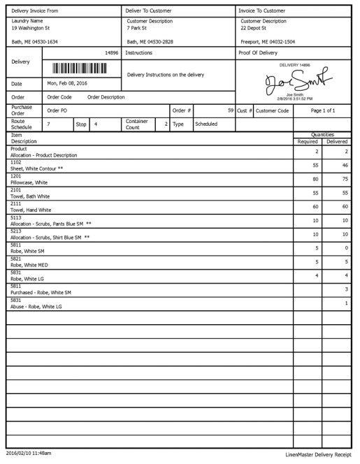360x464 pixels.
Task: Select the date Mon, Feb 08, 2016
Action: tap(67, 83)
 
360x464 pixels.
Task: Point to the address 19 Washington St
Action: tap(31, 29)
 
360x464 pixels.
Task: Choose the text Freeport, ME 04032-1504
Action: tap(267, 42)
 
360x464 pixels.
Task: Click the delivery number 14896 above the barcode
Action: tap(110, 52)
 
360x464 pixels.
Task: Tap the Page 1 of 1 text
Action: tap(323, 110)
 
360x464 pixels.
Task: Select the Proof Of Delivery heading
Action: tap(259, 52)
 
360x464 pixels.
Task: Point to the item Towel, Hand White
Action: tap(31, 210)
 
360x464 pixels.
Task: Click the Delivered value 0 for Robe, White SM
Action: tap(346, 248)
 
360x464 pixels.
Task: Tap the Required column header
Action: tap(308, 141)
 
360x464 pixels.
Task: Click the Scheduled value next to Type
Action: tap(206, 124)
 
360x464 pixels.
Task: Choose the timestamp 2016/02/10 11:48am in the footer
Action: tap(29, 454)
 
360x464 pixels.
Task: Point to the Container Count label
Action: tap(136, 124)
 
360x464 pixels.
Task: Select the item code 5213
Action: tap(16, 231)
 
